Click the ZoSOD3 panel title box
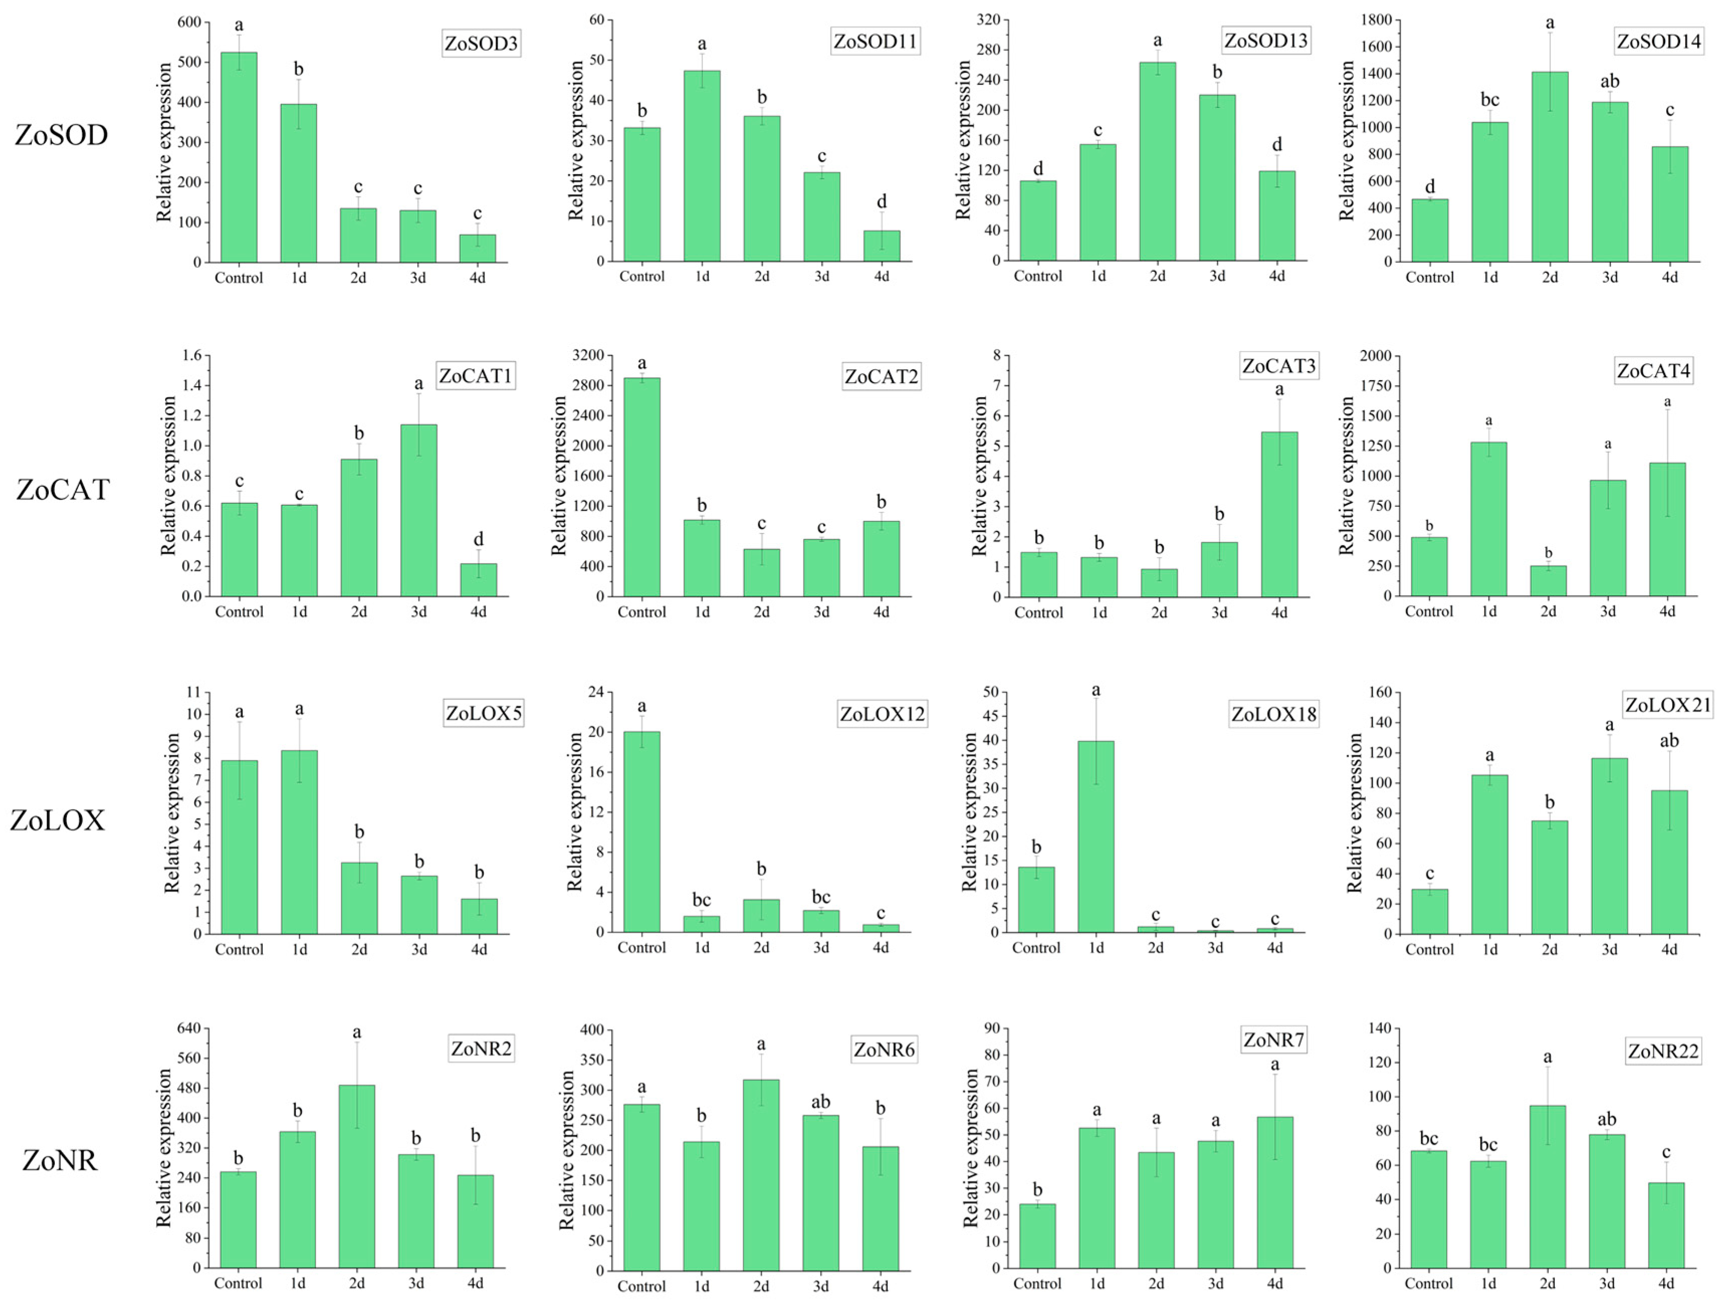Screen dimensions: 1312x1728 pos(481,43)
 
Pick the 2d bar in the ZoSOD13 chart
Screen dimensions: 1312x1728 pos(1157,161)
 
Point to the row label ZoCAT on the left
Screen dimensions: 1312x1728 pos(62,490)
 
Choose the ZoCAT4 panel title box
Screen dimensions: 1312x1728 pos(1653,370)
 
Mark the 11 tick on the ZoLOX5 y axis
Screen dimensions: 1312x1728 pos(193,692)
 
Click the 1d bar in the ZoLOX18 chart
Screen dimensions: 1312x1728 pos(1096,836)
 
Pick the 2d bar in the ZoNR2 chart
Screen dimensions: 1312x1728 pos(357,1176)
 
